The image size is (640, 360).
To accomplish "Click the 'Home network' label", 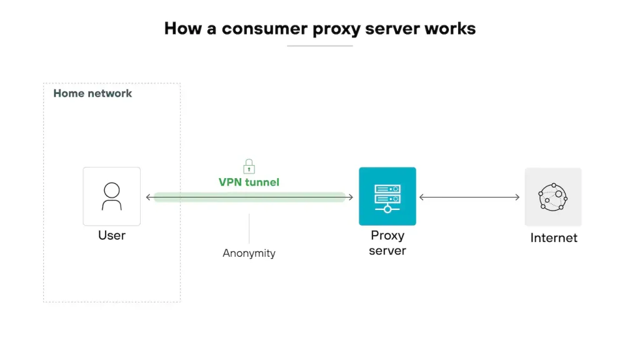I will coord(92,94).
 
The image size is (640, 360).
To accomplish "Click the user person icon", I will coord(112,196).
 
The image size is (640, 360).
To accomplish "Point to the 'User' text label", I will coord(112,236).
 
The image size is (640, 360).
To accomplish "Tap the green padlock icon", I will coord(249,166).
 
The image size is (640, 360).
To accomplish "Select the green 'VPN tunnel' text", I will coord(249,182).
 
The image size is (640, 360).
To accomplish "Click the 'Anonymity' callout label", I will coord(249,253).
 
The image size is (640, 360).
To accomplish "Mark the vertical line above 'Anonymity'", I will coord(249,228).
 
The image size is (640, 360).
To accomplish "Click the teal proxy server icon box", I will coord(387,196).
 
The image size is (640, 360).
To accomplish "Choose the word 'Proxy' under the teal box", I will coord(387,236).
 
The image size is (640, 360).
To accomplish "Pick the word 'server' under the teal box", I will coord(387,251).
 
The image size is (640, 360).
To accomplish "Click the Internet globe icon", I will coord(553,196).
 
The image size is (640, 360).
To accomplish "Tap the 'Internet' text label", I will coord(554,238).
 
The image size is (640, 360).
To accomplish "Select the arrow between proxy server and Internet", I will coord(469,197).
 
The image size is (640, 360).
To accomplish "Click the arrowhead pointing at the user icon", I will coord(149,197).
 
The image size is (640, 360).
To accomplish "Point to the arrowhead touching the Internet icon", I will coord(517,197).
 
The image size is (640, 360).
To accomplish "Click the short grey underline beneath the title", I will coord(320,46).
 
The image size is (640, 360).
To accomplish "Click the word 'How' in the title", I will coord(182,29).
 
